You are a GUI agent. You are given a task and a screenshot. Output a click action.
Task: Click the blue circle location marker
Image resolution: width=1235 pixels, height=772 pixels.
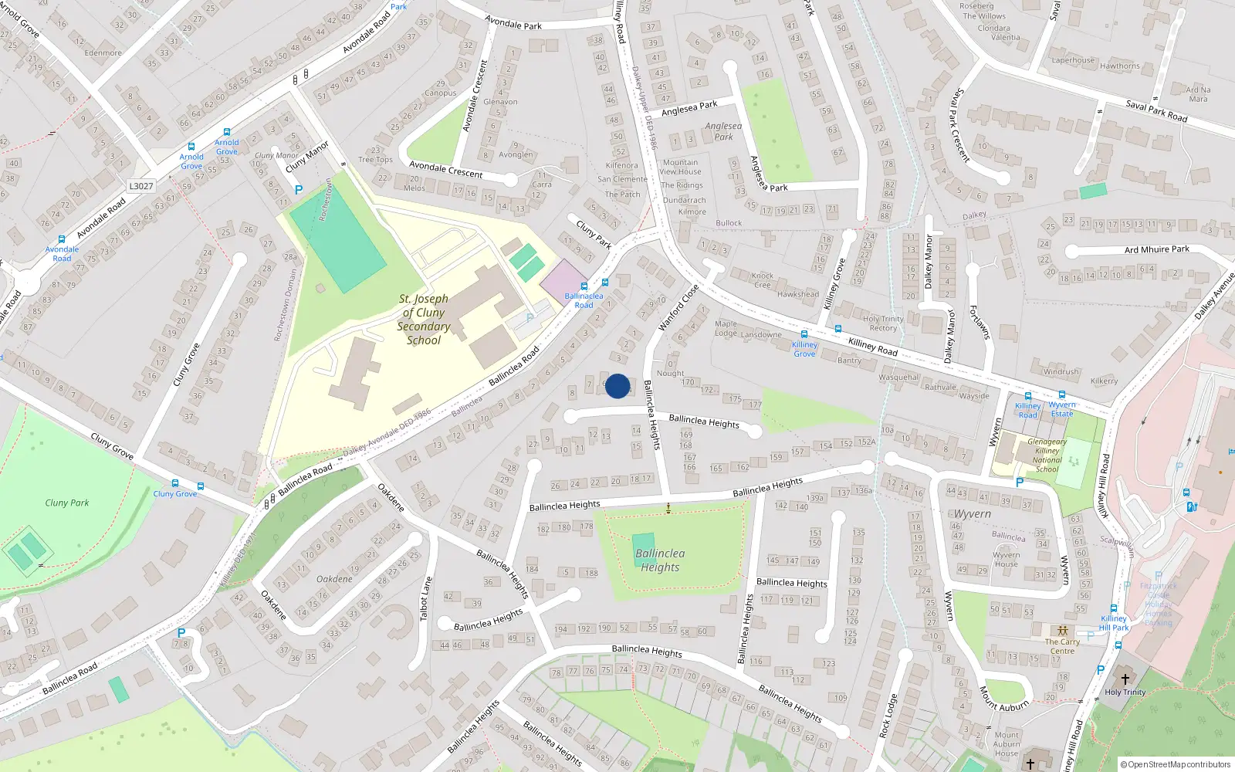pyautogui.click(x=617, y=386)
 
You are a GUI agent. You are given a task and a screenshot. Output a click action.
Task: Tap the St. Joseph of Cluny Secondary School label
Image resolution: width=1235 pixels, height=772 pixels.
pyautogui.click(x=424, y=320)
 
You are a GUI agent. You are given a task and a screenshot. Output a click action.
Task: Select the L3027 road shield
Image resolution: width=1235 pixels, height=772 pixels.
pyautogui.click(x=141, y=186)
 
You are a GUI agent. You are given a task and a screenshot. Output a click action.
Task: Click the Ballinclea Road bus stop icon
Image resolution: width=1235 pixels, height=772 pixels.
pyautogui.click(x=605, y=283)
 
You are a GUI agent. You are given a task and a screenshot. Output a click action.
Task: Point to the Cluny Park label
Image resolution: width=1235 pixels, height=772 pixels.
pyautogui.click(x=67, y=503)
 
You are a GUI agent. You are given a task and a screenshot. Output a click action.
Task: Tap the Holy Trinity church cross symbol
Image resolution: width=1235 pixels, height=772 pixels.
pyautogui.click(x=1125, y=679)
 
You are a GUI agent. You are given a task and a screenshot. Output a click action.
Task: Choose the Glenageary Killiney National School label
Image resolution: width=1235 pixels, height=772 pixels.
pyautogui.click(x=1047, y=455)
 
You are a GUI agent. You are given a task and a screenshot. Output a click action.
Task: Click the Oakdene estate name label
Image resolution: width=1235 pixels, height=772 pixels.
pyautogui.click(x=334, y=579)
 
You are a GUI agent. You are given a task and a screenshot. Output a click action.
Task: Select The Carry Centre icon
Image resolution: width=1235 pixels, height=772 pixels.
pyautogui.click(x=1063, y=631)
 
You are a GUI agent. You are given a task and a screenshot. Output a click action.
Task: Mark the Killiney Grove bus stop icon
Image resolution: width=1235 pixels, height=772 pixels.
pyautogui.click(x=804, y=334)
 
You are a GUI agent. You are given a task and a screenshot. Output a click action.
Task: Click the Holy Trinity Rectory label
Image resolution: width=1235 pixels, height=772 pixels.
pyautogui.click(x=883, y=323)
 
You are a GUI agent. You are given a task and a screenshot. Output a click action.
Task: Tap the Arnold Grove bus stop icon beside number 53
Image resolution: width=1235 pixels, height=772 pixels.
pyautogui.click(x=226, y=133)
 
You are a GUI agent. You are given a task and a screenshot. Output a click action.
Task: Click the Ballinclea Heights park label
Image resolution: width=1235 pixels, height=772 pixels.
pyautogui.click(x=660, y=560)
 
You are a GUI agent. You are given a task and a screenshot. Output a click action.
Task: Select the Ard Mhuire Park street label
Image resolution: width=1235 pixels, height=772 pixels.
pyautogui.click(x=1156, y=249)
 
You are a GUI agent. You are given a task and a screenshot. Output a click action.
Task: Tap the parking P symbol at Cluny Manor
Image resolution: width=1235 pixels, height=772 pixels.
pyautogui.click(x=299, y=189)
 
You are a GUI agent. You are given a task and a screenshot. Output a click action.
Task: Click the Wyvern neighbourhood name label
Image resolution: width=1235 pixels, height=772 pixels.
pyautogui.click(x=973, y=514)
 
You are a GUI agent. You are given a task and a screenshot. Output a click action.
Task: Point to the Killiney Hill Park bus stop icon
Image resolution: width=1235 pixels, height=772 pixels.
pyautogui.click(x=1114, y=608)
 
